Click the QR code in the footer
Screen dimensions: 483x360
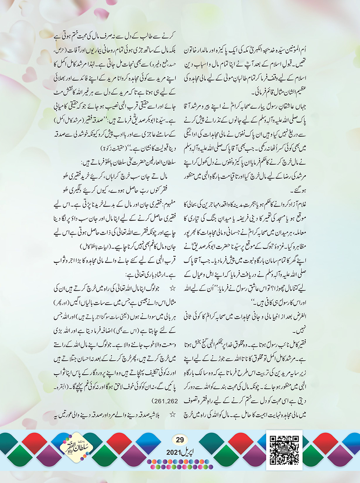284,450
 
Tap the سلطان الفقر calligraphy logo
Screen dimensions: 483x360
76,448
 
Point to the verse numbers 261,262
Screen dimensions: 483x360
165,401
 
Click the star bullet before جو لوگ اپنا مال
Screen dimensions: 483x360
172,289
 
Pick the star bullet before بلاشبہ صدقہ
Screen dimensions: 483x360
172,415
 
